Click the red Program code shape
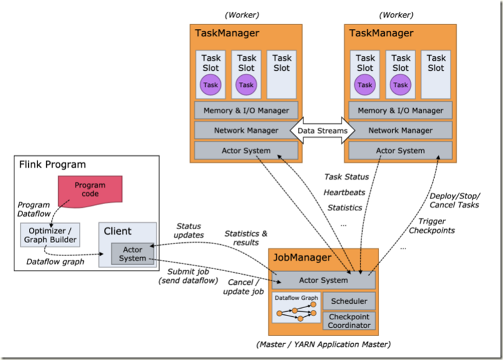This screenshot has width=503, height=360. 89,190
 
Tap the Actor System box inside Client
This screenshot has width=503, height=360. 133,254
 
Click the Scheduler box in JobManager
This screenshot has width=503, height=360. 349,301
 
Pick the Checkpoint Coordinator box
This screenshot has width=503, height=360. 349,321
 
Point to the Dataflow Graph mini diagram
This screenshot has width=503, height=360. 297,307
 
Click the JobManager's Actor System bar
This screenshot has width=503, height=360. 323,280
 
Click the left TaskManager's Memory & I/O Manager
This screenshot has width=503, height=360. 246,110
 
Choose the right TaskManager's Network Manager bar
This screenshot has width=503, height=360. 400,130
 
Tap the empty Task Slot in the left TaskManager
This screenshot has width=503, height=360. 282,74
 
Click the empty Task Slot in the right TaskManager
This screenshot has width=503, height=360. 436,74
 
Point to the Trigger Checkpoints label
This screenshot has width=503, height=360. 431,225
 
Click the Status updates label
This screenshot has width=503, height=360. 190,230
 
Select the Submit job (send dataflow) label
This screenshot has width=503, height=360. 188,276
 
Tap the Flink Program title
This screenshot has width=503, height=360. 53,165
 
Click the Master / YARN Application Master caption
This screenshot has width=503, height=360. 323,344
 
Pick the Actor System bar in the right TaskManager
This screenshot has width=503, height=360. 400,150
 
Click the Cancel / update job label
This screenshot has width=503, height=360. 244,287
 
